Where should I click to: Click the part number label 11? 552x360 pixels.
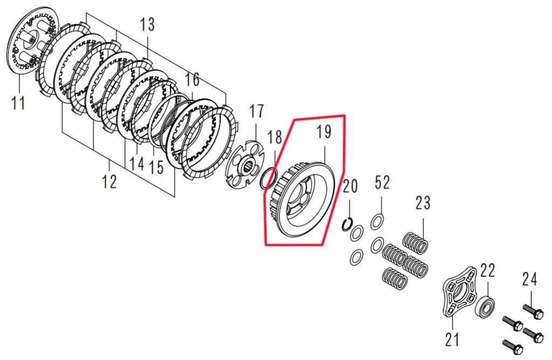(x=18, y=103)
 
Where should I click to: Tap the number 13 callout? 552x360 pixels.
(x=147, y=25)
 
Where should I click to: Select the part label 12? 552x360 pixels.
(x=109, y=181)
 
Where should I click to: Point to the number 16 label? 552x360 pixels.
(x=192, y=80)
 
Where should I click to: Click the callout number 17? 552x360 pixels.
(x=256, y=111)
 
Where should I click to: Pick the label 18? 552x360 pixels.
(x=274, y=137)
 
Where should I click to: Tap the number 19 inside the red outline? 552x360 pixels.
(x=324, y=131)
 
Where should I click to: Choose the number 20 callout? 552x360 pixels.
(x=350, y=186)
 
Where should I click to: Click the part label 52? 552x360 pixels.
(x=382, y=183)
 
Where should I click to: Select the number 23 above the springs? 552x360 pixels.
(x=423, y=203)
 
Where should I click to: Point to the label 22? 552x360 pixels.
(x=488, y=271)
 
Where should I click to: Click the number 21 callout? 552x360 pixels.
(x=452, y=340)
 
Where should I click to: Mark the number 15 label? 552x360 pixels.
(x=156, y=167)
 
